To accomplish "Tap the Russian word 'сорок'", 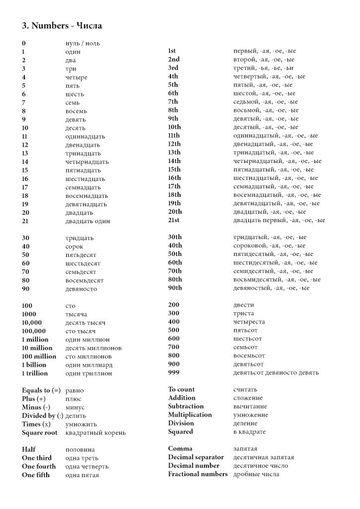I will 75,247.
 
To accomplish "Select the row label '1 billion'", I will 34,365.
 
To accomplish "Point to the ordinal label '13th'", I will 175,153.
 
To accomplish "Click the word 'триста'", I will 244,314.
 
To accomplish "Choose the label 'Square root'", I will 40,432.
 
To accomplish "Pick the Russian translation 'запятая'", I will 246,449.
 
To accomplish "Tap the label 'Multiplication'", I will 190,415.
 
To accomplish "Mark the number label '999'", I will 174,372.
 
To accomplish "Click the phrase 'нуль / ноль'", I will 83,43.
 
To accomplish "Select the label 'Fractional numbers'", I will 198,474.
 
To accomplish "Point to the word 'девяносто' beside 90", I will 81,289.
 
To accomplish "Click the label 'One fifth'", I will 36,475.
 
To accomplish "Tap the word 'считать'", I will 245,390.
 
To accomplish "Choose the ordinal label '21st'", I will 174,220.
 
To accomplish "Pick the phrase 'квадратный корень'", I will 95,432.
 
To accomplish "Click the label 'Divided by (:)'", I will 42,416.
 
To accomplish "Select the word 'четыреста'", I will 249,322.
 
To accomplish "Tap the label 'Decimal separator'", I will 196,457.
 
